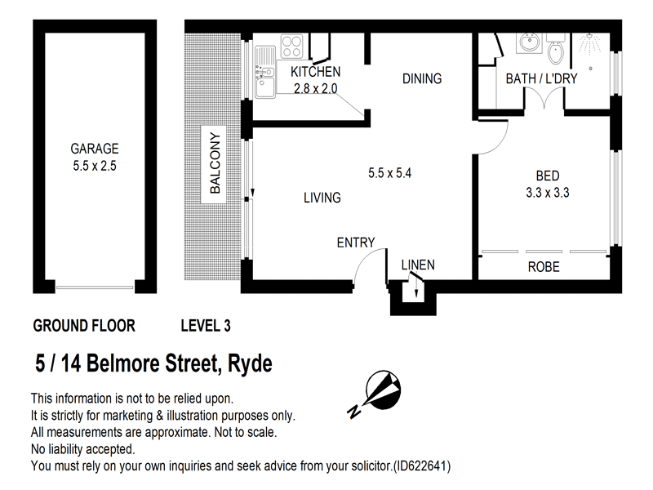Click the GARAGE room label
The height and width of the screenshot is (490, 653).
[95, 149]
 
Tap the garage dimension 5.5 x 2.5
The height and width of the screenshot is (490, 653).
[95, 165]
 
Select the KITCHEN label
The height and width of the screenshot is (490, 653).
[315, 72]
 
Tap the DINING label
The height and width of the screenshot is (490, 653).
[422, 79]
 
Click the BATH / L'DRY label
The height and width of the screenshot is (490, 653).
[541, 78]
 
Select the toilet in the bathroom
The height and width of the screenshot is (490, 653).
[557, 51]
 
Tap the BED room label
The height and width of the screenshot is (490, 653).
[547, 176]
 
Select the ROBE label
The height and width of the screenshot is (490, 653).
[544, 267]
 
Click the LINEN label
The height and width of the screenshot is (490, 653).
[417, 265]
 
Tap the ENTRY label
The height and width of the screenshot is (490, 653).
[356, 242]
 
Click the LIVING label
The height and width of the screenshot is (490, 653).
[322, 198]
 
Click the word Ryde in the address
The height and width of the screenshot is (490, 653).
[247, 363]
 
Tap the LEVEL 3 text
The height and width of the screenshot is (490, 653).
[205, 326]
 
